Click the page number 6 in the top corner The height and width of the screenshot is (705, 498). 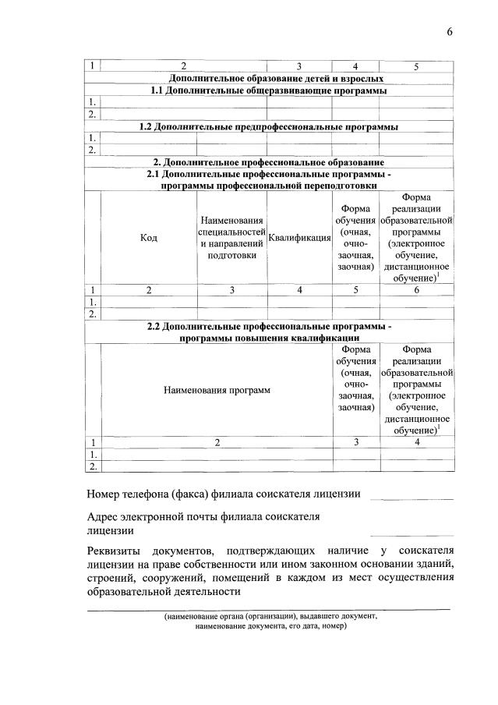pyautogui.click(x=450, y=31)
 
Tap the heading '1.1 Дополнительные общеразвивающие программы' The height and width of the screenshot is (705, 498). pyautogui.click(x=269, y=90)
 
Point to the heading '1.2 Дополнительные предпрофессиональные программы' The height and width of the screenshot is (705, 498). pyautogui.click(x=269, y=126)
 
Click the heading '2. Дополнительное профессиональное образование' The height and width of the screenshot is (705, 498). pyautogui.click(x=269, y=161)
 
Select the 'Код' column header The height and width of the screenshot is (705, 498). pyautogui.click(x=148, y=238)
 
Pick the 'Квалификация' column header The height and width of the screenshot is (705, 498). pyautogui.click(x=300, y=238)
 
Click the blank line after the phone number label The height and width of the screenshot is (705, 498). pyautogui.click(x=411, y=497)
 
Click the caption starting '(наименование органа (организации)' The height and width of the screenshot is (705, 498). pyautogui.click(x=270, y=616)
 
